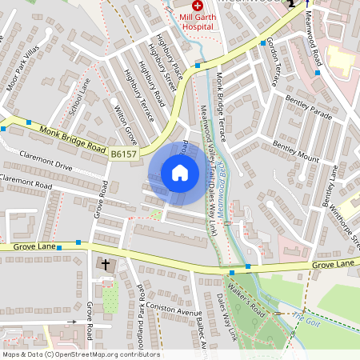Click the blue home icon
point(180,173)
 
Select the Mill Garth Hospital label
point(197,20)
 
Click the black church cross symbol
point(105,263)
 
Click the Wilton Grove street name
point(120,118)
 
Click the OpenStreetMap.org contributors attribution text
point(106,354)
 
